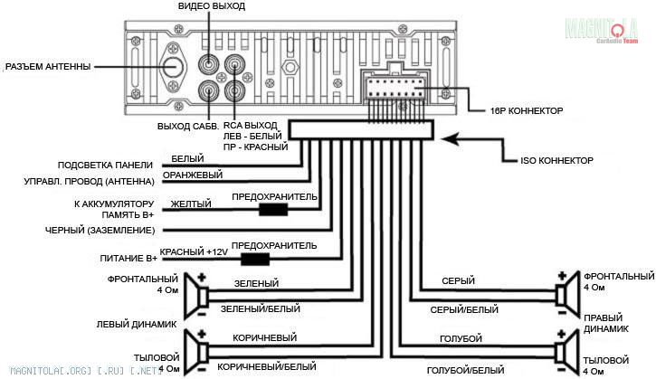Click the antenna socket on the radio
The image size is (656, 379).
coord(172,67)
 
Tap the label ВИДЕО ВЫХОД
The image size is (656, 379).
coord(212,6)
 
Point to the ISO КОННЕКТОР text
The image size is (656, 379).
coord(556,161)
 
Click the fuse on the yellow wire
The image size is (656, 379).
coord(273,209)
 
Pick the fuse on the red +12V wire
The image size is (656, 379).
coord(255,259)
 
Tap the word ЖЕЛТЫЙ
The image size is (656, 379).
coord(191,204)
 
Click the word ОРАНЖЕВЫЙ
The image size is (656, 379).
coord(193,175)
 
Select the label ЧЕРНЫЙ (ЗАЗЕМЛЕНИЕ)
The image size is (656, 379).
coord(100,230)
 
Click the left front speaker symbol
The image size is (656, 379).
coord(196,296)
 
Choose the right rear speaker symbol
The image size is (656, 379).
coord(567,352)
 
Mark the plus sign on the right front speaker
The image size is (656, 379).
coord(562,276)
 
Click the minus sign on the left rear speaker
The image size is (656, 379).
coord(202,370)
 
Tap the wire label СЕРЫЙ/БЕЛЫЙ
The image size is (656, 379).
coord(464,309)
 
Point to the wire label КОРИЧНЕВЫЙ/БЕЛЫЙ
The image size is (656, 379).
coord(267,366)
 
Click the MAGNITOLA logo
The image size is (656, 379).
coord(602,30)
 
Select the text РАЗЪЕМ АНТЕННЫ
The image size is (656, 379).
coord(48,66)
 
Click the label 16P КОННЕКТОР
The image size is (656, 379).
coord(527,111)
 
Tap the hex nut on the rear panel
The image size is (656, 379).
coord(290,67)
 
